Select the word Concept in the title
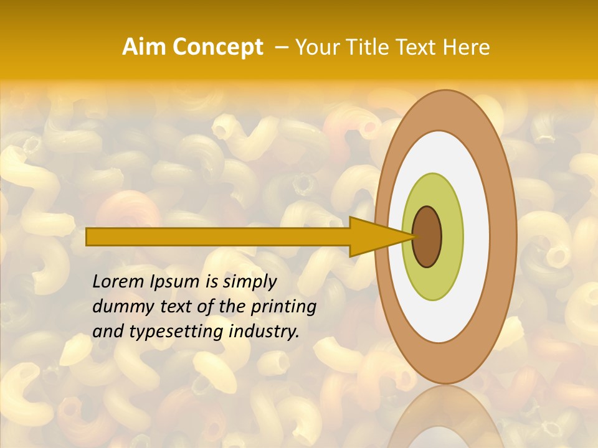[x=218, y=47]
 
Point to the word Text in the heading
[x=418, y=47]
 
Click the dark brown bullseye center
[x=427, y=237]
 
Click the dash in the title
[x=281, y=48]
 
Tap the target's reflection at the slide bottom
[x=445, y=423]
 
